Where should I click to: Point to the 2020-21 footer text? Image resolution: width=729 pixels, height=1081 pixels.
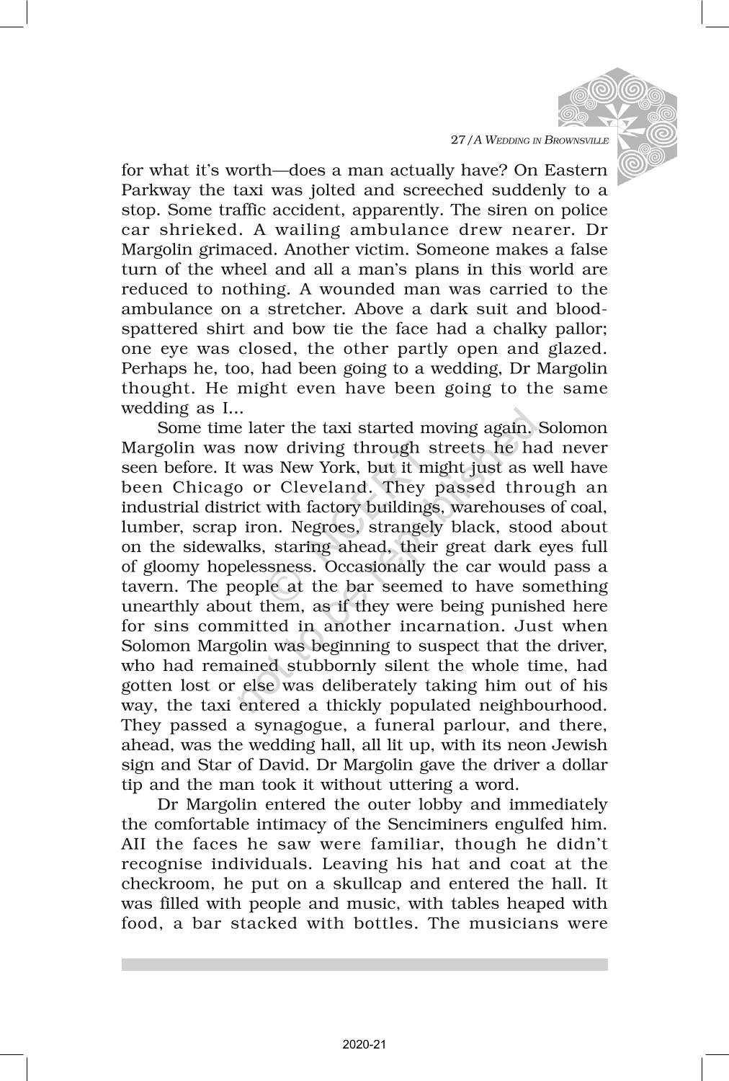pyautogui.click(x=364, y=1044)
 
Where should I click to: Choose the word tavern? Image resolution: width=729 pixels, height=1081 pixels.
pyautogui.click(x=146, y=587)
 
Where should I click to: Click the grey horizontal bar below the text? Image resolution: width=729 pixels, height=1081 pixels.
pyautogui.click(x=364, y=964)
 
